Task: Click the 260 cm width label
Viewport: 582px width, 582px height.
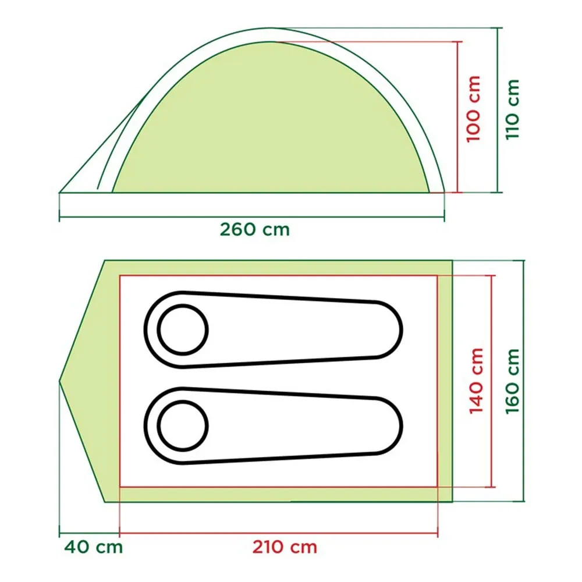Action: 255,229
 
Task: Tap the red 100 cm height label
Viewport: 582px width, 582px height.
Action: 473,109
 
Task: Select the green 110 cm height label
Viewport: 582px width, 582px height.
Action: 513,109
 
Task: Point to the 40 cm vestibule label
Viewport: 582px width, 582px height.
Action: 93,546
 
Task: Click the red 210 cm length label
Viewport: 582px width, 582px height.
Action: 285,546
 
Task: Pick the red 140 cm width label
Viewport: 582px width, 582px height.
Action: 476,381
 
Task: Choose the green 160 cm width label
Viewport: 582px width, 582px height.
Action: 512,381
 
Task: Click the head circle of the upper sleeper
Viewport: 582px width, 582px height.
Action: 183,329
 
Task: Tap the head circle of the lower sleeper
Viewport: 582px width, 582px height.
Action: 183,426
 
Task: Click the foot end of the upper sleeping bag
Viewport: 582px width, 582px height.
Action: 402,329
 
